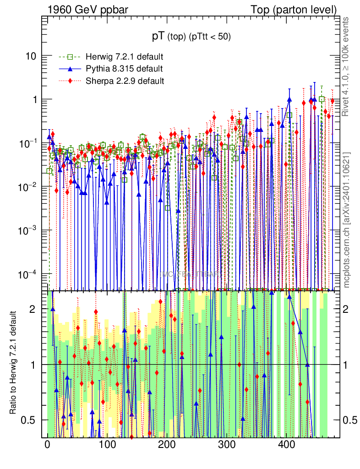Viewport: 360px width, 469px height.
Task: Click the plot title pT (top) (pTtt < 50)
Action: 191,37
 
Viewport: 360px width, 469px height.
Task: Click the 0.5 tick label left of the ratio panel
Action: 31,420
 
